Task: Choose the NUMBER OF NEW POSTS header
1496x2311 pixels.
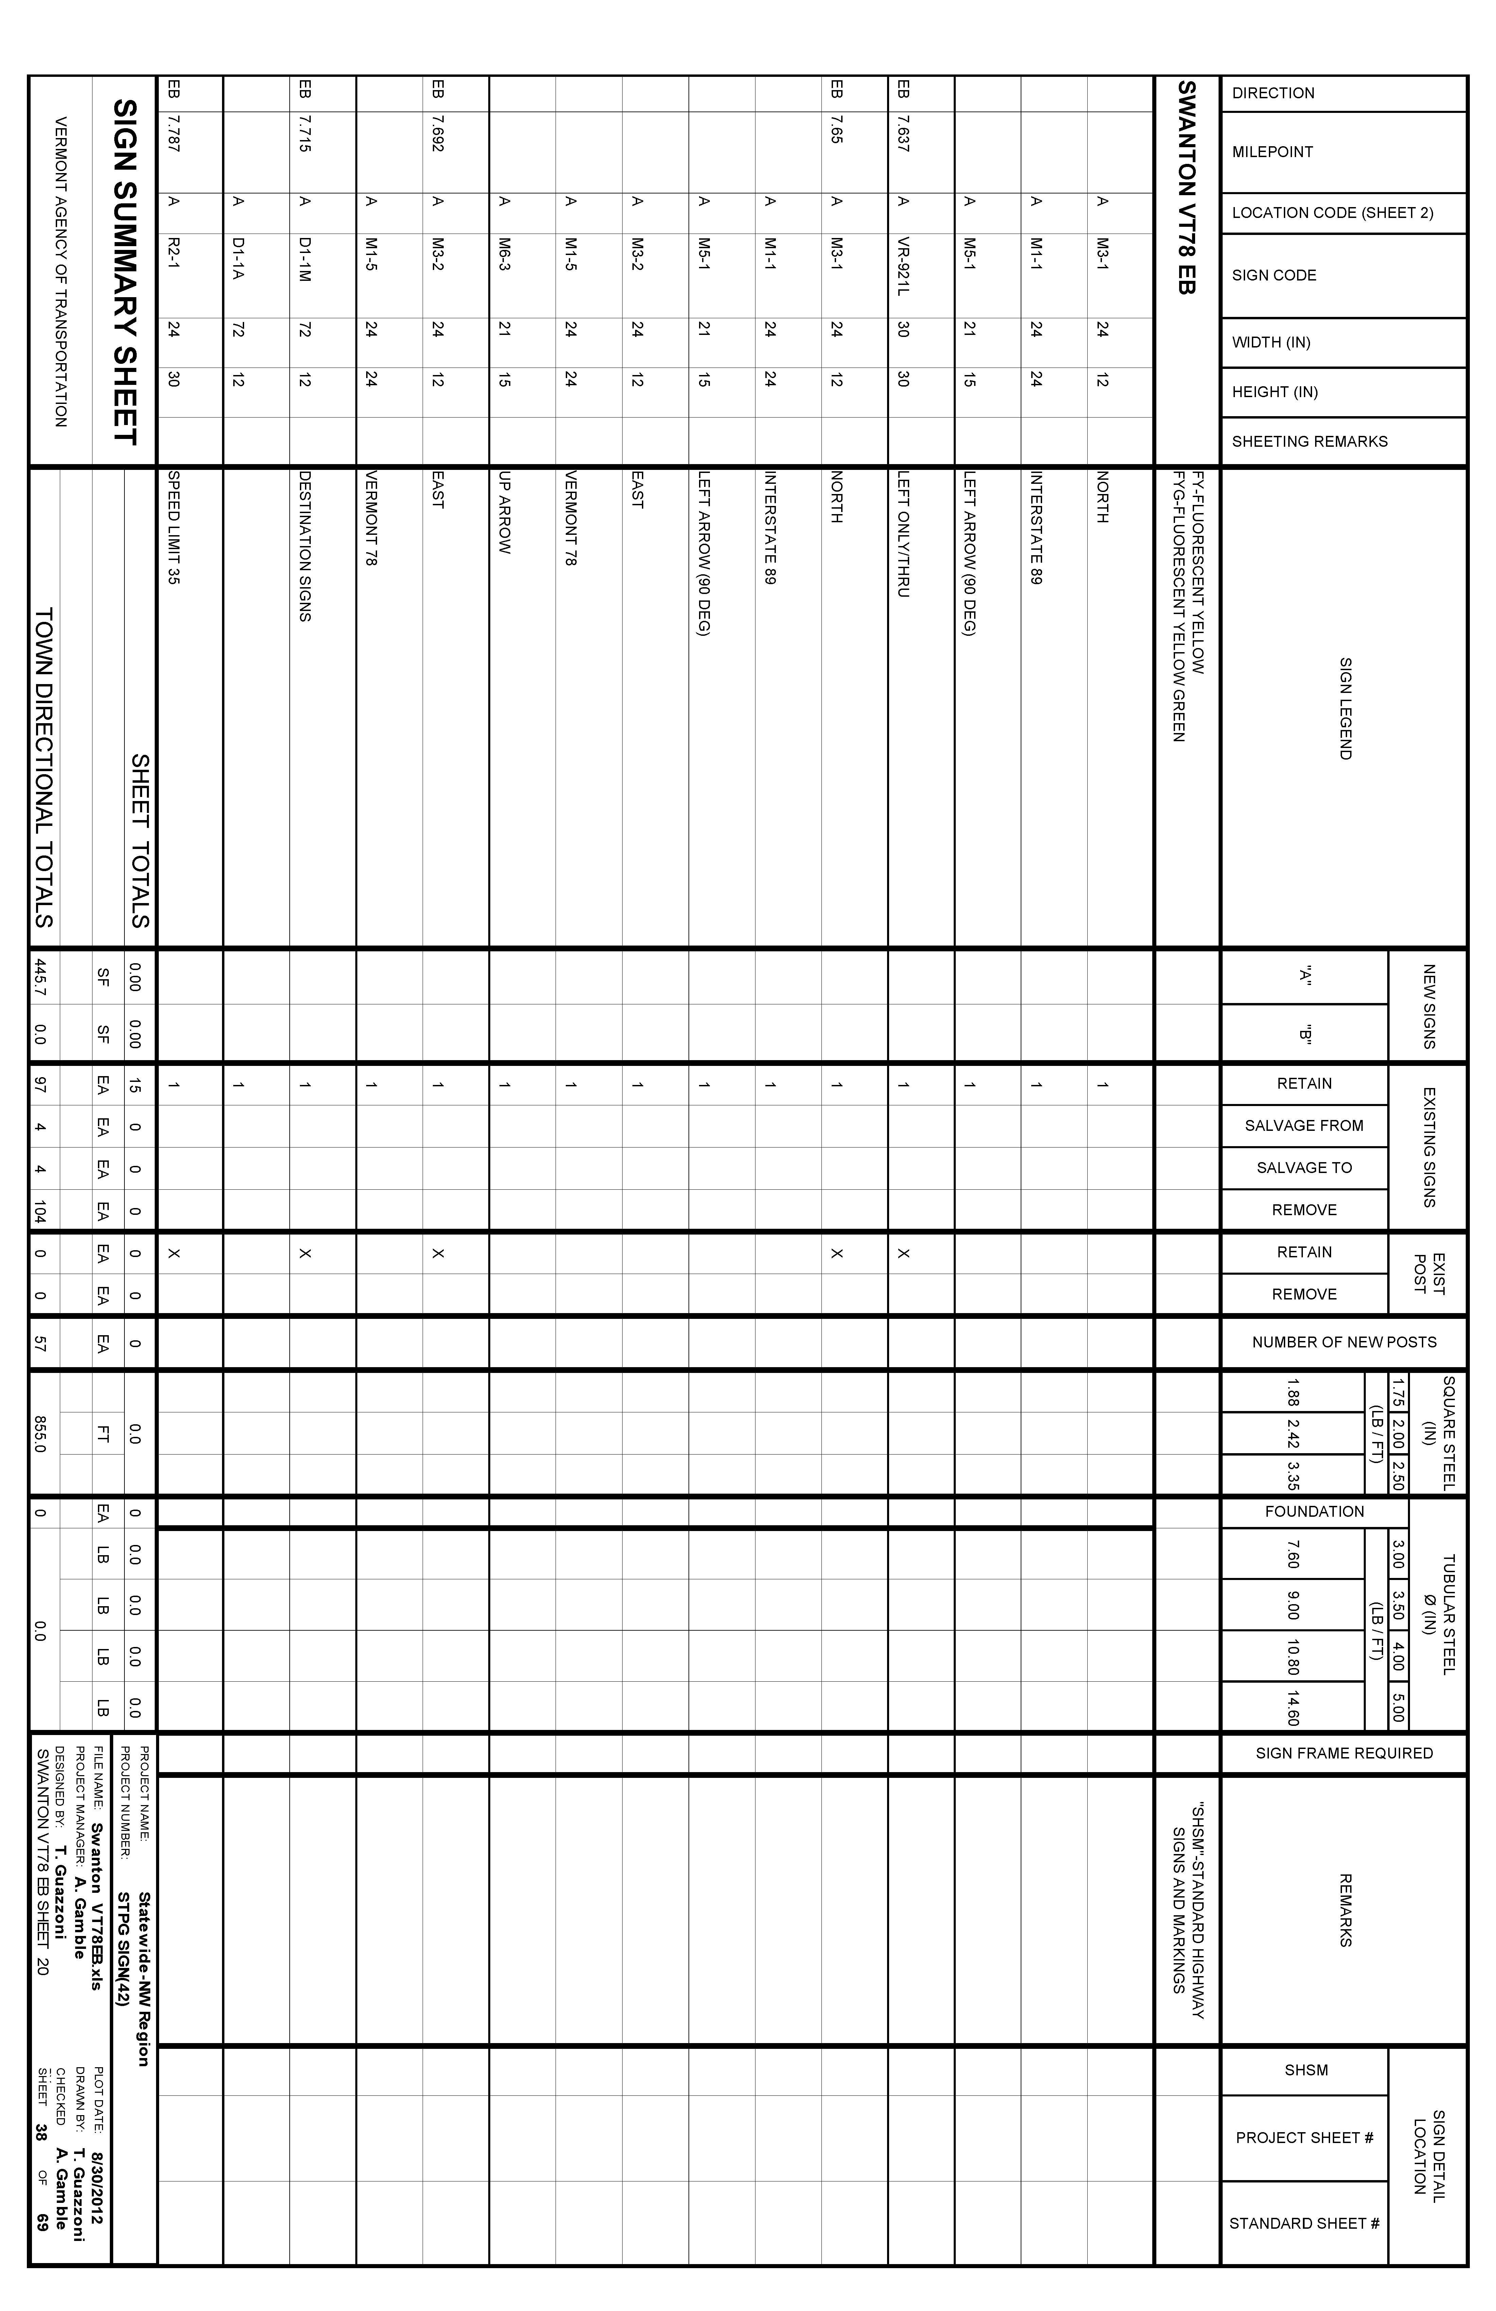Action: [1344, 1342]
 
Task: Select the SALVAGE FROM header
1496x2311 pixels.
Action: [1304, 1125]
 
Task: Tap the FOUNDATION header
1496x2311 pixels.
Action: [1313, 1512]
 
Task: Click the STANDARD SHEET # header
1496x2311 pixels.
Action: [1304, 2224]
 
